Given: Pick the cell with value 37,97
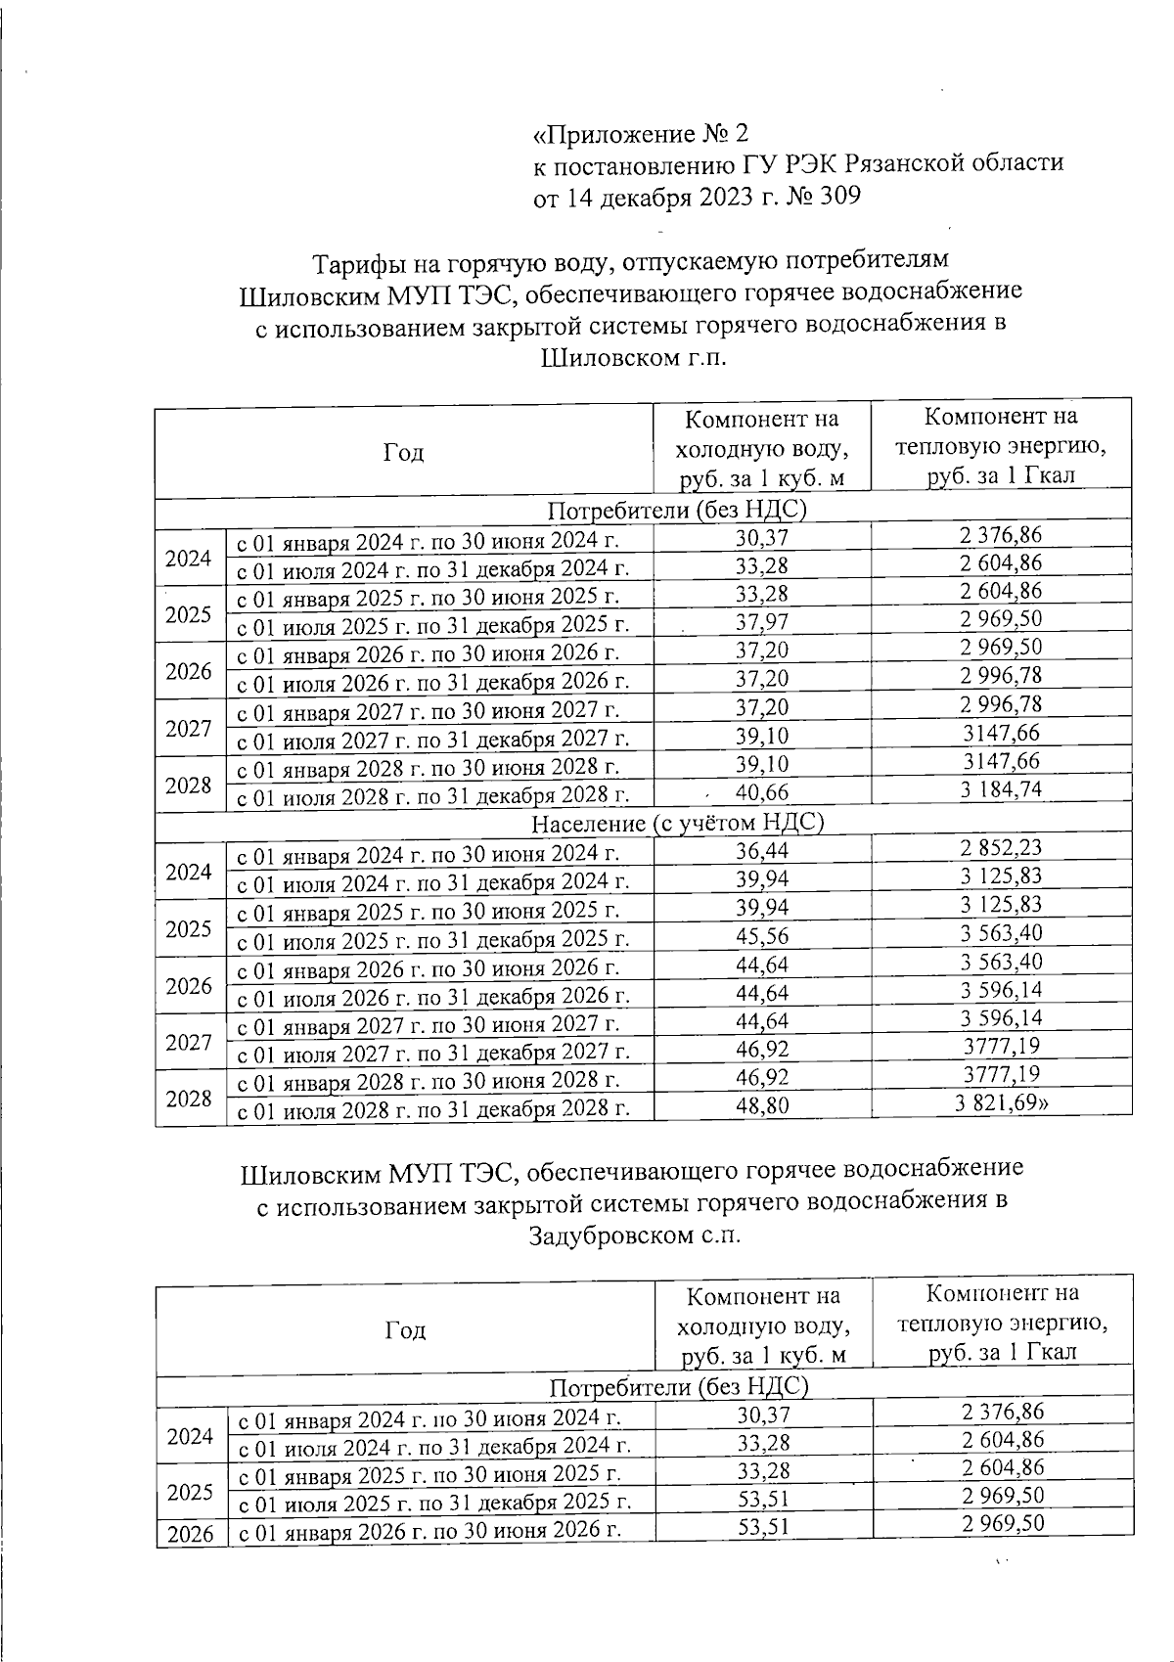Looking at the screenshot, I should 761,622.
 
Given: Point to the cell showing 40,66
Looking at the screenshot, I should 761,792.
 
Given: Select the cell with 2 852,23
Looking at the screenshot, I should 1001,848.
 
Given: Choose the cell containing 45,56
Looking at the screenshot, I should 761,936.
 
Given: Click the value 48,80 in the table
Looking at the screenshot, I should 761,1106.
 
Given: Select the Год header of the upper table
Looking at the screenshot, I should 403,452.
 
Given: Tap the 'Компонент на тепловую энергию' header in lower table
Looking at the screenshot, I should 1002,1323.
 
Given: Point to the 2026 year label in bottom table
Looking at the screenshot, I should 191,1534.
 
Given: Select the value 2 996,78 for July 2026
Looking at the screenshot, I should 1001,676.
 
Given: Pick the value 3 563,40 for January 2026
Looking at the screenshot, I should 1001,963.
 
